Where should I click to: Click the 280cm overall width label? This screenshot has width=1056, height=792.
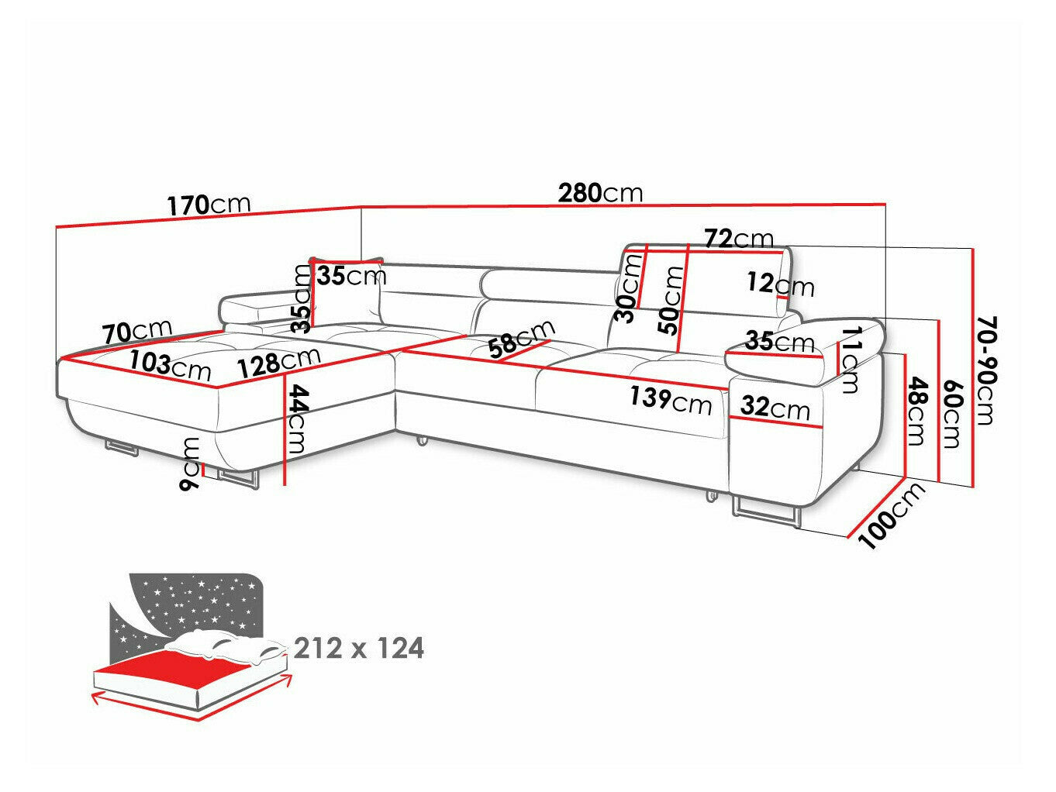click(600, 192)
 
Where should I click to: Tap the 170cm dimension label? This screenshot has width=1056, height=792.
click(209, 205)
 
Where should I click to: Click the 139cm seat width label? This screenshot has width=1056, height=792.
click(670, 400)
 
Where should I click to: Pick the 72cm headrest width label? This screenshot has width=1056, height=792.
click(739, 238)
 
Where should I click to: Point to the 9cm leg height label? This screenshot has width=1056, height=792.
click(189, 463)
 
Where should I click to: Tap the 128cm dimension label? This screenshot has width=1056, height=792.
click(279, 361)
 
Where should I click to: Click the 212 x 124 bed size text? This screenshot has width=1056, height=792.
click(359, 648)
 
